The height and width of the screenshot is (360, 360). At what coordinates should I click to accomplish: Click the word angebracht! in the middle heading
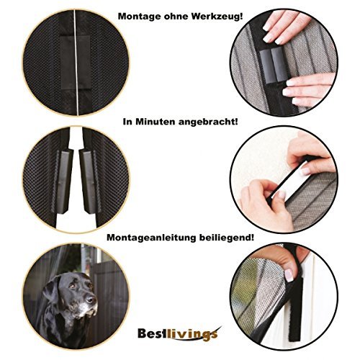pos(208,122)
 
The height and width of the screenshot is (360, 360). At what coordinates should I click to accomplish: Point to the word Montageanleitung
pos(151,238)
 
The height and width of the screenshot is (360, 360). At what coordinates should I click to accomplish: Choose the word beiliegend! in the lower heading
pos(227,238)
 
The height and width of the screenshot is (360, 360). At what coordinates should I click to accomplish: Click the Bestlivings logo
pos(179,333)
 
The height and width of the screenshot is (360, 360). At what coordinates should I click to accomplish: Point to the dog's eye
pos(73,286)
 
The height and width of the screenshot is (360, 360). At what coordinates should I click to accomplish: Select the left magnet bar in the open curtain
pos(64,181)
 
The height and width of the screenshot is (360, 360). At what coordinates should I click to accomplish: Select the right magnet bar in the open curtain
pos(89,181)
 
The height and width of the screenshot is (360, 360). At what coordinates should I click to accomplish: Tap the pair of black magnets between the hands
pos(274,64)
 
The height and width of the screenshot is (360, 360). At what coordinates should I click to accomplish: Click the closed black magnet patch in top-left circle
pos(75,63)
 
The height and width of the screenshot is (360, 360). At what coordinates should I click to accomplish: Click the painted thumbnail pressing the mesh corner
pos(289,275)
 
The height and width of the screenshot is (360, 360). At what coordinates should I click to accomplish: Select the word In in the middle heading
pos(127,122)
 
